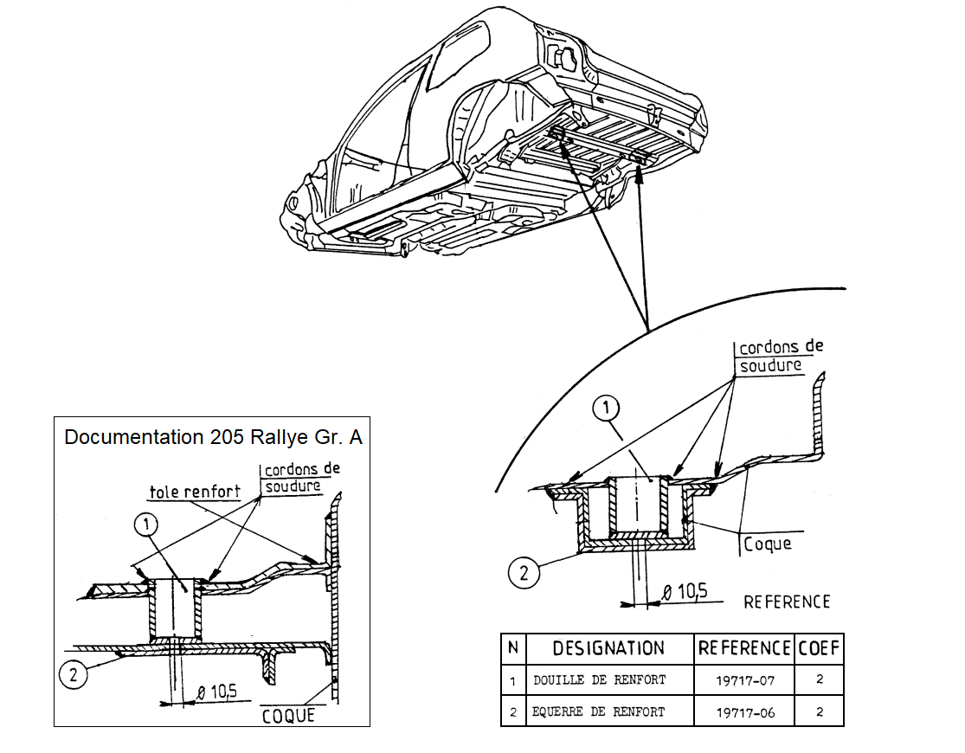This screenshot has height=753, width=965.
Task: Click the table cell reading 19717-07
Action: [744, 680]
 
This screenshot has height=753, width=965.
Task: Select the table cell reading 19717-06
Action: [744, 712]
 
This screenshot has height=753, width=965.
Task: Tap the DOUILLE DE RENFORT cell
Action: [600, 680]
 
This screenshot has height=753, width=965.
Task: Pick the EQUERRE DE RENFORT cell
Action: [600, 712]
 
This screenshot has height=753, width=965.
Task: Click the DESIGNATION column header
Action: [608, 648]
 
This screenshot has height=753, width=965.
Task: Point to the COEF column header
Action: [818, 648]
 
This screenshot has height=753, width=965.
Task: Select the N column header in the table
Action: [512, 648]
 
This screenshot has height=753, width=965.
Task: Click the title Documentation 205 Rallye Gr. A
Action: [213, 437]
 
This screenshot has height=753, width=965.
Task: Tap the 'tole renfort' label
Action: [195, 492]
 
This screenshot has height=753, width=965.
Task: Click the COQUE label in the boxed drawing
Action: [287, 716]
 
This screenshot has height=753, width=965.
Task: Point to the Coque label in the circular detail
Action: [768, 544]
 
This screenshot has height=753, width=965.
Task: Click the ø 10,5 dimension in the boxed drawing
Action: [217, 691]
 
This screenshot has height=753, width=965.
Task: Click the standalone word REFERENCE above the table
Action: [786, 602]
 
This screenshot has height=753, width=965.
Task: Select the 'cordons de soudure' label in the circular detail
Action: [780, 356]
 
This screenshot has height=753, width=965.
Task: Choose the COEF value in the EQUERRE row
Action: [819, 712]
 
